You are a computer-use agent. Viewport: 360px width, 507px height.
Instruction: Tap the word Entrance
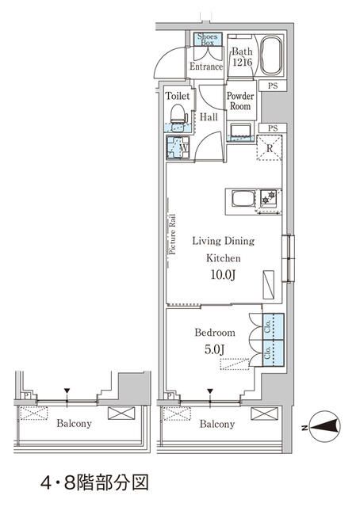pos(206,67)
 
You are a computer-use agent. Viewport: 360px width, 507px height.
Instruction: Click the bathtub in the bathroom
pos(270,55)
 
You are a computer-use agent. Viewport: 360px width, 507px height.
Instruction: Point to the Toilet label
pos(178,96)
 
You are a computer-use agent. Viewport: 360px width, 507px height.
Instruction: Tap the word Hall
pos(209,117)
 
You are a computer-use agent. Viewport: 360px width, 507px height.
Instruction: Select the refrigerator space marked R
pos(269,147)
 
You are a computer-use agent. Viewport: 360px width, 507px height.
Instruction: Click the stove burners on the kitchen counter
pos(269,197)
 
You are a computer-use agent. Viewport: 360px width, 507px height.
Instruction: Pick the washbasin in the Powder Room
pos(239,129)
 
